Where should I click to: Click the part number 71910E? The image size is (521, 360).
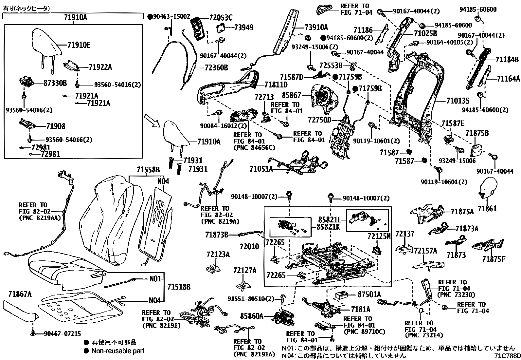coord(79,45)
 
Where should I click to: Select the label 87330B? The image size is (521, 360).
coord(55,83)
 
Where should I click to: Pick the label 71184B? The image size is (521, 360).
coord(507,60)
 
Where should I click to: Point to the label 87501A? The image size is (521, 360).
coord(369,294)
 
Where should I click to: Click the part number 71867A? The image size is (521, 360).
coord(20,294)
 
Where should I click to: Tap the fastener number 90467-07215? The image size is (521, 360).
coord(62,334)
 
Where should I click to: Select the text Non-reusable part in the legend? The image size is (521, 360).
coord(118,351)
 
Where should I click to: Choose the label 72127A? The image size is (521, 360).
coord(245,270)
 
